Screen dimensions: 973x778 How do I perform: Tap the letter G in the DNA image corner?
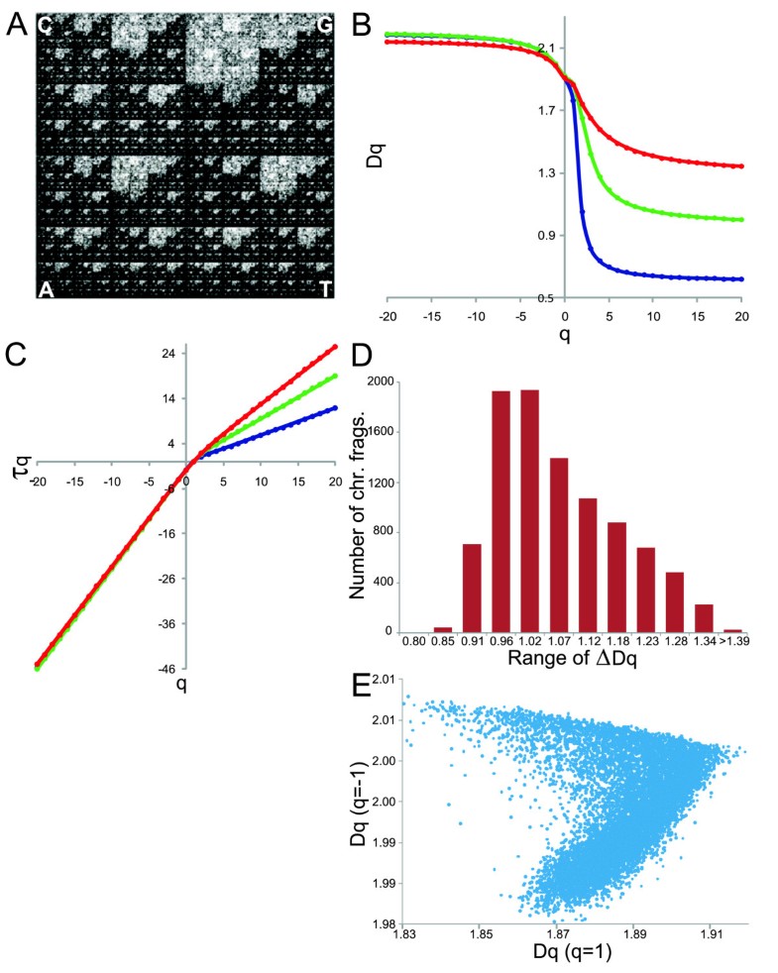(x=323, y=26)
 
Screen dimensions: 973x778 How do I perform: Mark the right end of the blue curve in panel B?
(x=741, y=279)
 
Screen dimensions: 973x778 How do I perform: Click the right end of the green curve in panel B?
(x=741, y=220)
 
